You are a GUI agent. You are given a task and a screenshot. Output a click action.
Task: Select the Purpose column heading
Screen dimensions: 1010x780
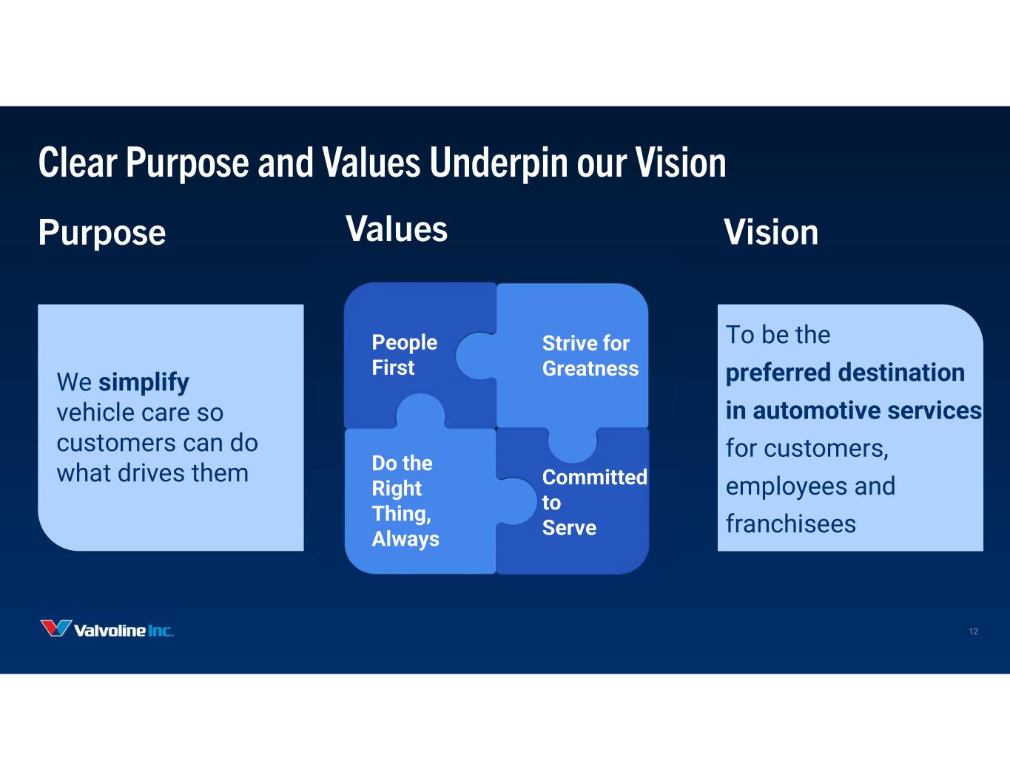pyautogui.click(x=102, y=233)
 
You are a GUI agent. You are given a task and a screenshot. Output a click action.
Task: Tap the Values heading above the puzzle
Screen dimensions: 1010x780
pyautogui.click(x=397, y=229)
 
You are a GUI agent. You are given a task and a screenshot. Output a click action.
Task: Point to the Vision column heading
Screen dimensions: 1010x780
pyautogui.click(x=771, y=233)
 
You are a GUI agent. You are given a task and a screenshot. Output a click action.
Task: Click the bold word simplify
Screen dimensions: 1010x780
pyautogui.click(x=144, y=382)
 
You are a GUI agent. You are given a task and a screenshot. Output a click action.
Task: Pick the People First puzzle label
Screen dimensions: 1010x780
pyautogui.click(x=404, y=355)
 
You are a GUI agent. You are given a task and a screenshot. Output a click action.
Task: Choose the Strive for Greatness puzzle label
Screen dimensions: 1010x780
pyautogui.click(x=590, y=356)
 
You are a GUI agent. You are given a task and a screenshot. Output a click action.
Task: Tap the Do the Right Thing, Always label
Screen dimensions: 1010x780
pyautogui.click(x=405, y=501)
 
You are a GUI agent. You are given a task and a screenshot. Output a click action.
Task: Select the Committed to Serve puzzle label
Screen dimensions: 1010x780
pyautogui.click(x=594, y=502)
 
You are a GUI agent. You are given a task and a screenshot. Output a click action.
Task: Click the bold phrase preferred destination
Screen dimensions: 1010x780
pyautogui.click(x=845, y=373)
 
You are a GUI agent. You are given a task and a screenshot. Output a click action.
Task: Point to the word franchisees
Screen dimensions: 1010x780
pyautogui.click(x=790, y=524)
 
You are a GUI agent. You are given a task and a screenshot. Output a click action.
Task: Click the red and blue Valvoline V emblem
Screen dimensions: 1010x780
pyautogui.click(x=55, y=628)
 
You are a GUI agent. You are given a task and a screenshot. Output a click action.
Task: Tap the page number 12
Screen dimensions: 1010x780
pyautogui.click(x=973, y=631)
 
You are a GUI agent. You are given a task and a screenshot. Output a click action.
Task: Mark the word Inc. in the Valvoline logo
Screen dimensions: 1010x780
pyautogui.click(x=161, y=631)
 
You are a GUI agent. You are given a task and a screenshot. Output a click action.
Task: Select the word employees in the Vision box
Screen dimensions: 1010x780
pyautogui.click(x=784, y=486)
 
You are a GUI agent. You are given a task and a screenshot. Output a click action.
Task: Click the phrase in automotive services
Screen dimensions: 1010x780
pyautogui.click(x=853, y=410)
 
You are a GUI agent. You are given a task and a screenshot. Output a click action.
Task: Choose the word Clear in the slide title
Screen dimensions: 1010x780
pyautogui.click(x=78, y=163)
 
